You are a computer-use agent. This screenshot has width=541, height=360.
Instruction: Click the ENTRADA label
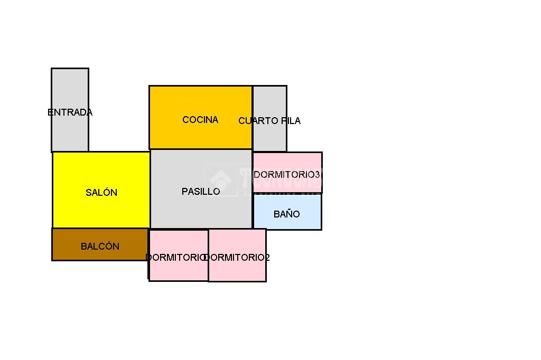tap(70, 112)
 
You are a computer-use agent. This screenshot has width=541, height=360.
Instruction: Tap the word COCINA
tap(200, 120)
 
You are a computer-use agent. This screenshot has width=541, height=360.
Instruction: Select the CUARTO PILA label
tap(269, 121)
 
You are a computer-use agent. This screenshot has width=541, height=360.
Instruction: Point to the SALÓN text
tap(101, 193)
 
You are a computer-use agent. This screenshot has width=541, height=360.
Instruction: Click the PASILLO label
tap(201, 192)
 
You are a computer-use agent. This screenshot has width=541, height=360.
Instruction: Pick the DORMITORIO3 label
tap(287, 174)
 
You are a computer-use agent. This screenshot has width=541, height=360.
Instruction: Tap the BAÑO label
tap(287, 214)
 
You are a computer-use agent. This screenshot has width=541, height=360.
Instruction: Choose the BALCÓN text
tap(100, 247)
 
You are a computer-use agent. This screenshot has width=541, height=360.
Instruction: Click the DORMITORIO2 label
tap(237, 258)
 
